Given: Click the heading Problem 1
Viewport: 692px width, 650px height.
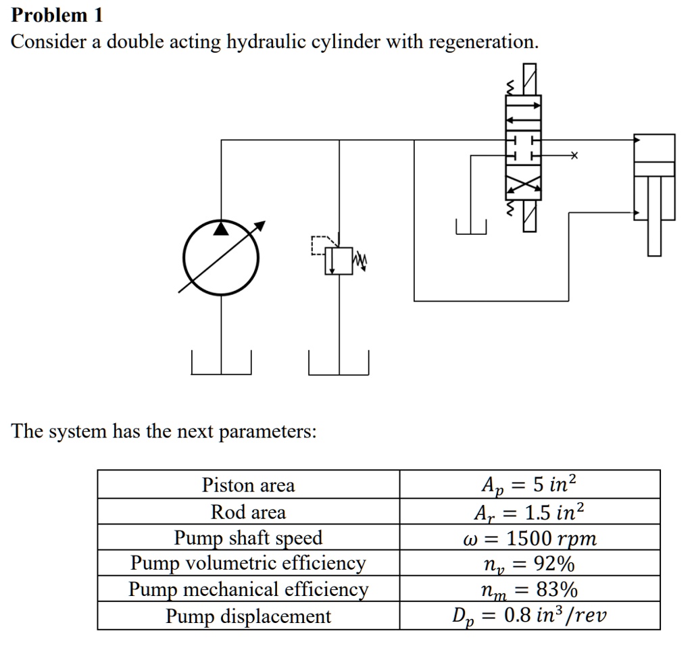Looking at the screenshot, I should tap(57, 15).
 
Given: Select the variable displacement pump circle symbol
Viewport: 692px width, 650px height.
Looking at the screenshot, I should tap(221, 256).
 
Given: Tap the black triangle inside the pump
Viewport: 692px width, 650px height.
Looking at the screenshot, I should tap(221, 229).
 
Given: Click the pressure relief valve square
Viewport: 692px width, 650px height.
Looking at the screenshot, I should tap(338, 261).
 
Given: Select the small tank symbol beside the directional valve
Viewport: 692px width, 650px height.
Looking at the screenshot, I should tap(471, 227).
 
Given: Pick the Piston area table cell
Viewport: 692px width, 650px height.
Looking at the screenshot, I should tap(248, 485).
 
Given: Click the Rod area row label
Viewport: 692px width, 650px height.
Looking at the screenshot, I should tap(248, 512).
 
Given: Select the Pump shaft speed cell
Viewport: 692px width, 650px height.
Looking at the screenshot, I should tap(248, 538).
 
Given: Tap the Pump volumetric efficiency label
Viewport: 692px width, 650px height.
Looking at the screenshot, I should tap(248, 563).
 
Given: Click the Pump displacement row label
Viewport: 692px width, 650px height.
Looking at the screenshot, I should tap(248, 616).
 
